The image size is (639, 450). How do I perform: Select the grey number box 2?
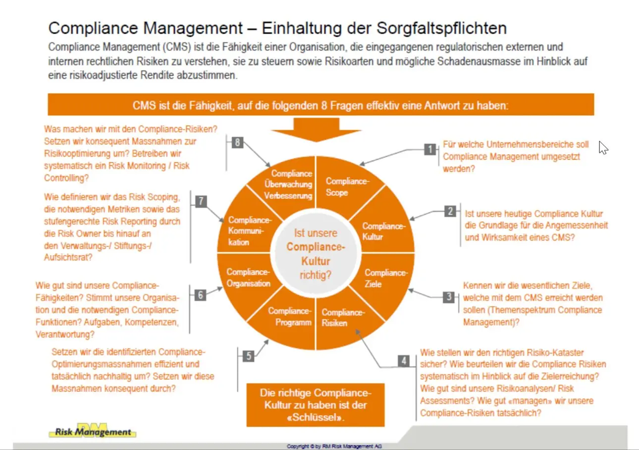pos(450,212)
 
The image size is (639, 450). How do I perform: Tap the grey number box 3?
pos(449,297)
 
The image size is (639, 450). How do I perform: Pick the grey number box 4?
pos(404,361)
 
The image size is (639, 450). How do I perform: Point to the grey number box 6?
pos(200,295)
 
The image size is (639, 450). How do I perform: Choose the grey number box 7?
pos(201,201)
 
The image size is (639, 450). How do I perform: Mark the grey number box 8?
pos(238,143)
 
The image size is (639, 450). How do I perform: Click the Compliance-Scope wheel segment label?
pos(347,187)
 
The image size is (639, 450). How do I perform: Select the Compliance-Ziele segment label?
pos(385,278)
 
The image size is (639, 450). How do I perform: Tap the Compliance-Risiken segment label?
pos(343,317)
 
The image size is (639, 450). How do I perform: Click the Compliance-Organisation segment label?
pos(248,277)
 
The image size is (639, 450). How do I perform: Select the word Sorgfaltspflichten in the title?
pos(426,27)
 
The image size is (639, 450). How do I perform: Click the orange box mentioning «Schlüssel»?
pos(316,405)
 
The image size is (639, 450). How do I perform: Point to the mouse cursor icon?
pos(603,147)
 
